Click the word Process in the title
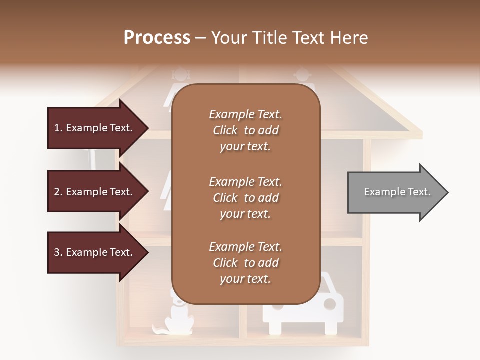pyautogui.click(x=157, y=38)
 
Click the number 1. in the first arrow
pyautogui.click(x=58, y=128)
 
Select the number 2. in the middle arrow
pyautogui.click(x=58, y=192)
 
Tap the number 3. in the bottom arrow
pyautogui.click(x=58, y=253)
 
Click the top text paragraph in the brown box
pyautogui.click(x=245, y=130)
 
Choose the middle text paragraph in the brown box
pyautogui.click(x=245, y=198)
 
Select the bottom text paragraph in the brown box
pyautogui.click(x=245, y=263)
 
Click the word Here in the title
pyautogui.click(x=350, y=38)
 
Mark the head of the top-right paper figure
pyautogui.click(x=302, y=76)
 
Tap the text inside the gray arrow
pyautogui.click(x=397, y=192)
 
